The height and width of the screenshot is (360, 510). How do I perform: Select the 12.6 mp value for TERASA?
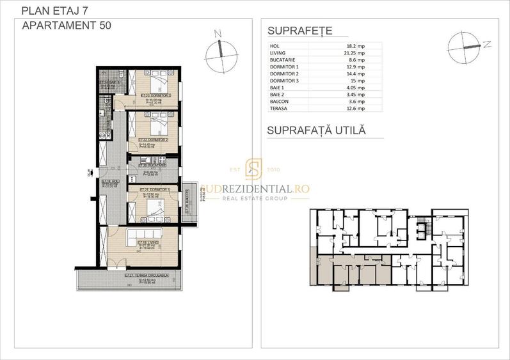[x=356, y=109]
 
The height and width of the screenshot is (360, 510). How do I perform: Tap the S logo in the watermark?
[x=254, y=171]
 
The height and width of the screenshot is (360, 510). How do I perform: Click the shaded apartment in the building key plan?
[x=349, y=269]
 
